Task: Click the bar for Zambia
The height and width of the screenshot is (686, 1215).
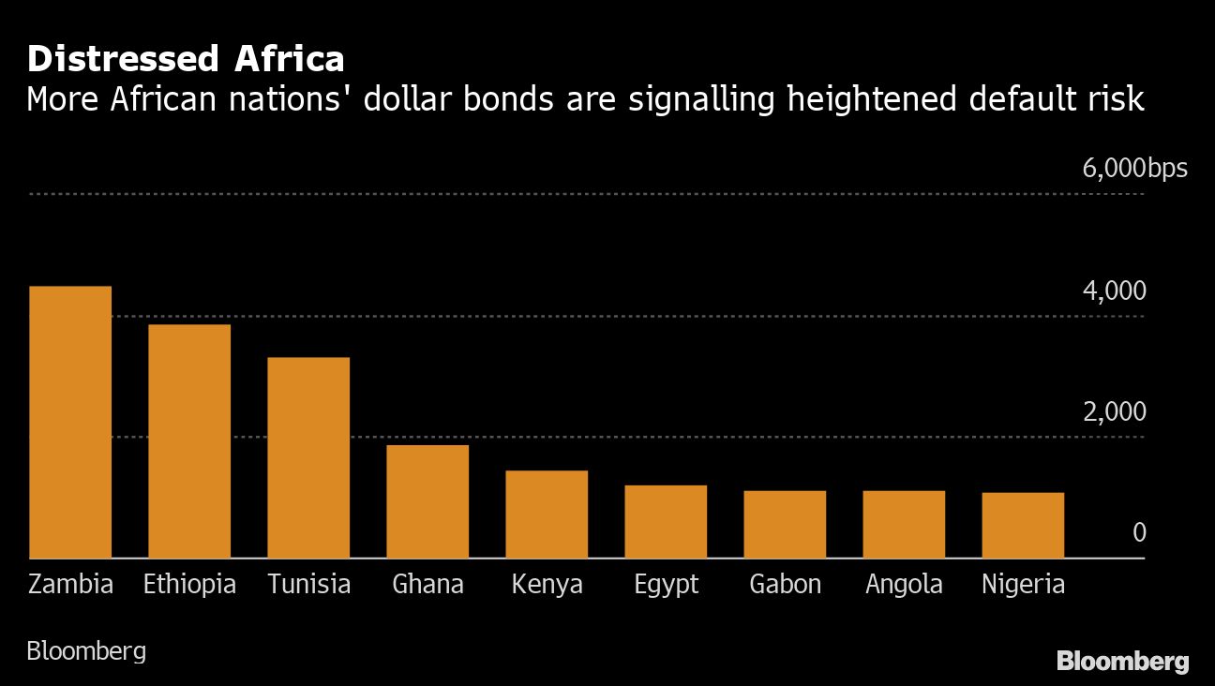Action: tap(70, 422)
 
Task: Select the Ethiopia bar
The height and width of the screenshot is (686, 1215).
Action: tap(189, 441)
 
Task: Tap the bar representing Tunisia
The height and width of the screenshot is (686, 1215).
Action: tap(308, 457)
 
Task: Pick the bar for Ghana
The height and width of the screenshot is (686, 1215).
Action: tap(427, 501)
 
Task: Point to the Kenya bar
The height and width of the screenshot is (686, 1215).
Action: tap(547, 514)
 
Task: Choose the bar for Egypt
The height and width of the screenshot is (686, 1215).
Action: tap(666, 522)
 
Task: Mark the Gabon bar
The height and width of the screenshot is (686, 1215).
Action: tap(785, 525)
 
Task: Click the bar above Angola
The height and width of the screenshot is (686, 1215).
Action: tap(904, 525)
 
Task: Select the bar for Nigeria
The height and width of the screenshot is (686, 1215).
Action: tap(1023, 526)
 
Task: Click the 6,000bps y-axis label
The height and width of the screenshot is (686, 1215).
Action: tap(1134, 169)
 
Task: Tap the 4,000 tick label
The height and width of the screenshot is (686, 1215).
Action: tap(1114, 291)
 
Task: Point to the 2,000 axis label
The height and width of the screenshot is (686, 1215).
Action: tap(1114, 412)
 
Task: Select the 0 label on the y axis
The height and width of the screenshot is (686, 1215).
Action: tap(1139, 533)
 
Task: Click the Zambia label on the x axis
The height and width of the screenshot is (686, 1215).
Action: tap(70, 585)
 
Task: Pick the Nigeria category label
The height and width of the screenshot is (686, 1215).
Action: tap(1023, 585)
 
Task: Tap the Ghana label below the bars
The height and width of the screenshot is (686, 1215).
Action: tap(427, 585)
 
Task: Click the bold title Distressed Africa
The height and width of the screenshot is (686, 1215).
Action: tap(186, 59)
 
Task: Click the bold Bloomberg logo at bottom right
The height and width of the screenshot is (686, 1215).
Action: tap(1122, 662)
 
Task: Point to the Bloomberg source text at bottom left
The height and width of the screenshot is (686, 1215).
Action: tap(86, 651)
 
